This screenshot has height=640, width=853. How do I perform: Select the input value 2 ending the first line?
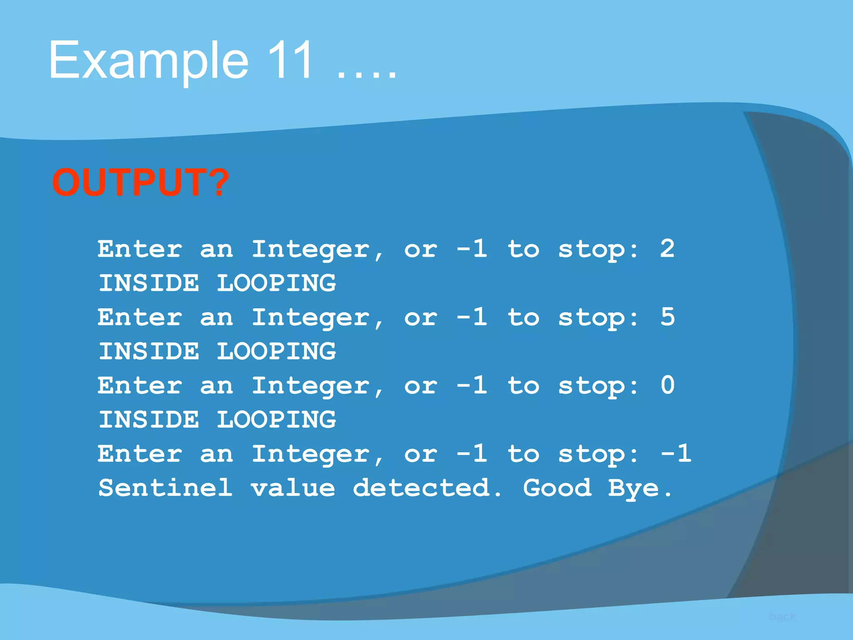point(667,249)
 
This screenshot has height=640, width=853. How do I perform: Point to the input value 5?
point(667,317)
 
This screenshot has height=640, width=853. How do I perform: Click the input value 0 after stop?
point(667,385)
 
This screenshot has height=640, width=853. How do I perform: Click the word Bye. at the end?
point(640,488)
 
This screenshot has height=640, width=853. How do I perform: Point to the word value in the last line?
point(293,488)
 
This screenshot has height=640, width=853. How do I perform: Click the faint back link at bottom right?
point(782,617)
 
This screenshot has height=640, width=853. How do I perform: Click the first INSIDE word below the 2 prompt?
point(149,283)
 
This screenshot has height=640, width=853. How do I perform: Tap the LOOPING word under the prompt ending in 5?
point(276,351)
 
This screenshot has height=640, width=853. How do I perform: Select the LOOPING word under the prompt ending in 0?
point(276,420)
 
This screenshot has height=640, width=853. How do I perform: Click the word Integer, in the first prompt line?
point(317,250)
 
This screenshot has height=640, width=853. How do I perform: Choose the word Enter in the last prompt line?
point(140,453)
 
